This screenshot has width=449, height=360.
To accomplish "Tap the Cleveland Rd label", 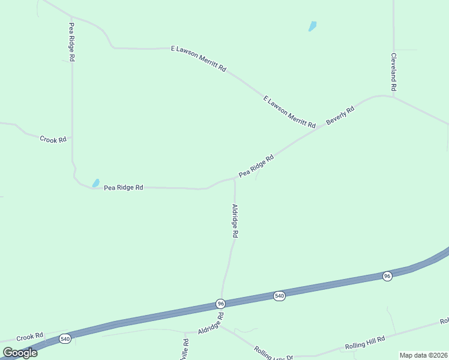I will point(394,72).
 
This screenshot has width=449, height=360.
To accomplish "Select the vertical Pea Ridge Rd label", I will point(71,42).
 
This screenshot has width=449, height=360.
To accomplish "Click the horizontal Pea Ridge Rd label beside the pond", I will point(123,187).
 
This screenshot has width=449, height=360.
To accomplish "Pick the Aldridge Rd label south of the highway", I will point(211,323).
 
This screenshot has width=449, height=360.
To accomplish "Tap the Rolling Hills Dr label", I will point(273,353).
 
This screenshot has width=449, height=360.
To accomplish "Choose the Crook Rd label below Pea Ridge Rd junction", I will point(53,139).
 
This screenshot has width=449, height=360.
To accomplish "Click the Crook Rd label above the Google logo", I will point(30,336).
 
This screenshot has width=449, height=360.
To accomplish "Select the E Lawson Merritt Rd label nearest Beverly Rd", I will point(289,111).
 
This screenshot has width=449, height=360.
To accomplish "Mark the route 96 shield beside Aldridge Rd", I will point(220,304).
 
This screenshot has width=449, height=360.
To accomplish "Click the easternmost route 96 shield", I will point(387,276).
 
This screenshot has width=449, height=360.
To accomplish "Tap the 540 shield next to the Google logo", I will point(65,339).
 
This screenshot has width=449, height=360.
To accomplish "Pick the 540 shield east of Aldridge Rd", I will point(279,296).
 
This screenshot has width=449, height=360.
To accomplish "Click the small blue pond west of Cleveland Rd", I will point(312,26).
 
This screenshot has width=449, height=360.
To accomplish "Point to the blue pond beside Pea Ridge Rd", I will point(95,182).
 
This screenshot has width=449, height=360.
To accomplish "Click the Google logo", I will point(20,353).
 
